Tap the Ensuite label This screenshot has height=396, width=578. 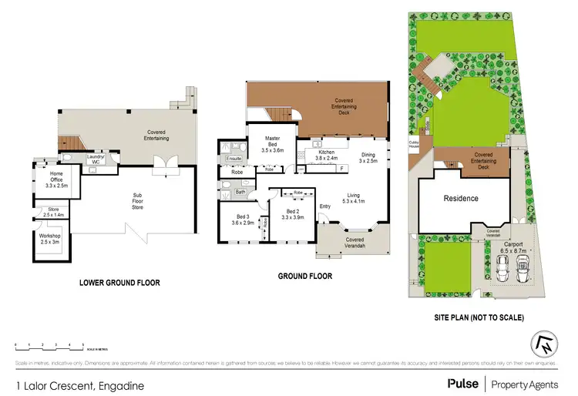pos(234,159)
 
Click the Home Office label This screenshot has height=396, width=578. pos(57,182)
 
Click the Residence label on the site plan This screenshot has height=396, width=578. pos(461,198)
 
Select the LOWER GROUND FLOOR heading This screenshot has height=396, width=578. pos(120,283)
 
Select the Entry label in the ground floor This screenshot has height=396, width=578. pos(325,206)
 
